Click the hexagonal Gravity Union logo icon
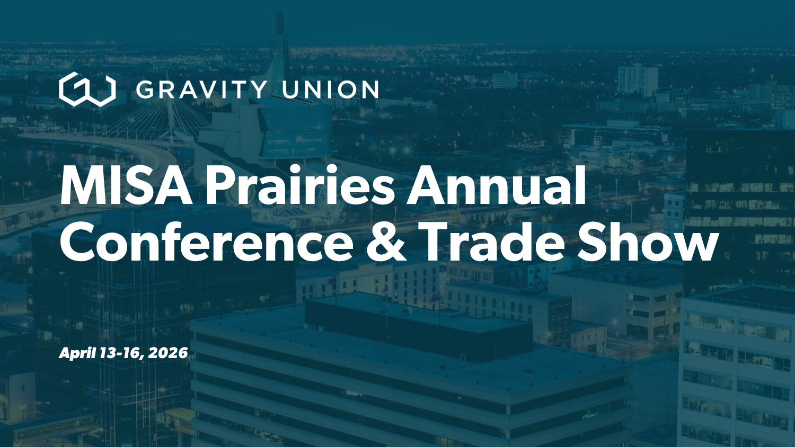coord(87,90)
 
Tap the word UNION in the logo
coord(330,90)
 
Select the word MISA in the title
coord(126,186)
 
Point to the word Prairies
coord(300,186)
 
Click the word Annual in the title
coord(497,186)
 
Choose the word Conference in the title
coord(207,243)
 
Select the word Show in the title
coord(648,243)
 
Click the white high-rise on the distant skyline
coord(637,79)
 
